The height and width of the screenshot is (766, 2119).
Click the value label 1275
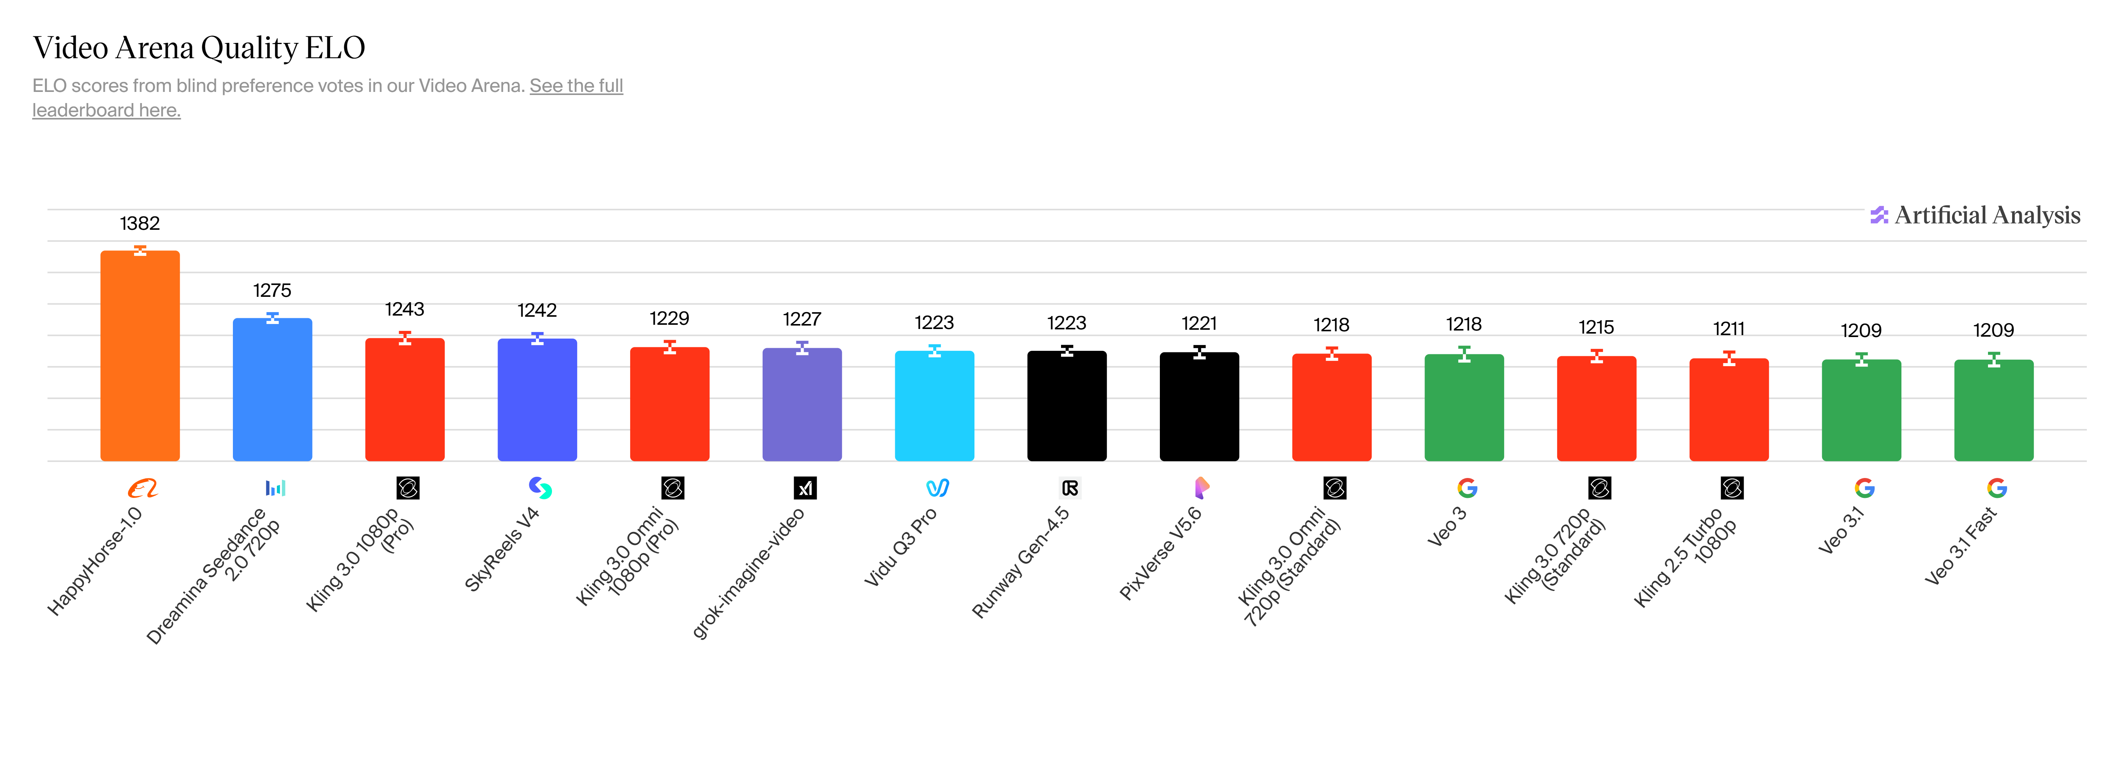click(272, 290)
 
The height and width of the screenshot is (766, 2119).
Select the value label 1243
click(405, 309)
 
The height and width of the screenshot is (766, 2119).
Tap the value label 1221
click(1199, 323)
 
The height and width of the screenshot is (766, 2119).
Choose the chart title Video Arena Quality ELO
click(198, 48)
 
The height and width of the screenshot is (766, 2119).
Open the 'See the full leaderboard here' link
click(576, 85)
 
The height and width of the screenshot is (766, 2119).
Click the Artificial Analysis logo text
click(1986, 216)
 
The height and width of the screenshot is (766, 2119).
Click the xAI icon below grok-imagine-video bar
click(804, 489)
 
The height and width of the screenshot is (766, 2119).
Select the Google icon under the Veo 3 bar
click(1467, 489)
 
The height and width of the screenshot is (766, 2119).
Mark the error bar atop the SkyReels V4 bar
click(537, 338)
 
